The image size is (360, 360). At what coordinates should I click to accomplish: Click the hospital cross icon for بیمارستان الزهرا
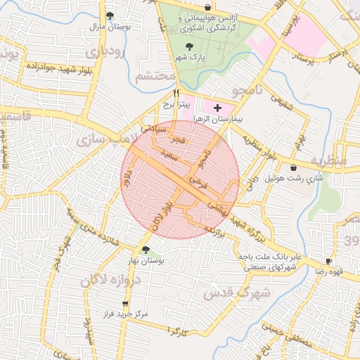217,108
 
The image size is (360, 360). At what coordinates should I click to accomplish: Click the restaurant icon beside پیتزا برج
176,93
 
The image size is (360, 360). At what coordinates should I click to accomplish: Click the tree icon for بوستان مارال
109,15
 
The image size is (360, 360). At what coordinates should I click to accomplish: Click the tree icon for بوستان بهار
145,250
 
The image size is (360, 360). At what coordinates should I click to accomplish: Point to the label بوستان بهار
145,261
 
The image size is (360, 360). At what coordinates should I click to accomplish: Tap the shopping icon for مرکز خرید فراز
125,304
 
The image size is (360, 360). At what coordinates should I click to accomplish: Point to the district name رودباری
105,52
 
